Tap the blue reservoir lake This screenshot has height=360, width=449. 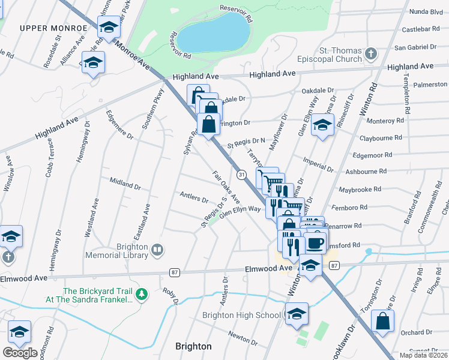tap(213, 34)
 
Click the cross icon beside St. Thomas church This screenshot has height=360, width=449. tap(371, 54)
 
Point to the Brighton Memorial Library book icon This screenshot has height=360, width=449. tap(157, 249)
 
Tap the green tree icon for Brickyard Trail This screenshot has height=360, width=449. tap(142, 294)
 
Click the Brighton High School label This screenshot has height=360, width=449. tap(241, 315)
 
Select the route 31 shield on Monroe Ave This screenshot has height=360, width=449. tap(241, 174)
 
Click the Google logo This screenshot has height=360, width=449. tap(20, 352)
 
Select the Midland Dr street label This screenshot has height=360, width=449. tap(125, 182)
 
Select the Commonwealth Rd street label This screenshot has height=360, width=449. tap(435, 204)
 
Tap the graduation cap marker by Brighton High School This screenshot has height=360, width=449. tap(297, 314)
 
